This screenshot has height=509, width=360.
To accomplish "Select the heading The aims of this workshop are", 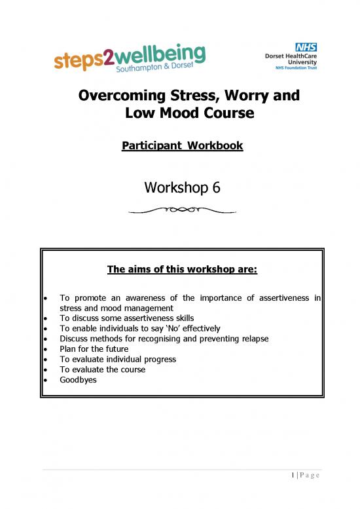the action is (x=182, y=268).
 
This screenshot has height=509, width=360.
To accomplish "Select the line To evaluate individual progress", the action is (x=117, y=359).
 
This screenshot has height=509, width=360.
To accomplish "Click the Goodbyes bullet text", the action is (x=78, y=379).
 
